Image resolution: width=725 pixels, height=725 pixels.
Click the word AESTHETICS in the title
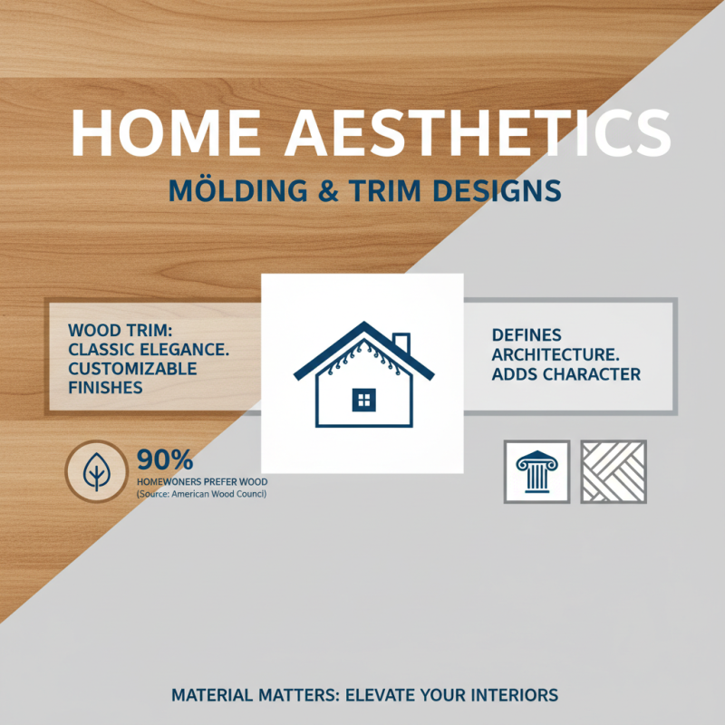click(x=478, y=133)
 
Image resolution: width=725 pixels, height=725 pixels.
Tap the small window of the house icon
click(x=362, y=398)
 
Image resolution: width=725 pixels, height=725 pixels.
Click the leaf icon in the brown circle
click(x=96, y=472)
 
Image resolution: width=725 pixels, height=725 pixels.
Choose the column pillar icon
click(x=536, y=472)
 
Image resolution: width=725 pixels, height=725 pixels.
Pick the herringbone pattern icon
click(x=614, y=472)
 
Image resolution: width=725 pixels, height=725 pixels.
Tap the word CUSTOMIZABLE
click(x=131, y=370)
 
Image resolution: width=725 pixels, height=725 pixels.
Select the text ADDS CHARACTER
click(x=565, y=373)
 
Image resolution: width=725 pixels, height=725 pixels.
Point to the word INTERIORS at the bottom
click(x=510, y=696)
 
